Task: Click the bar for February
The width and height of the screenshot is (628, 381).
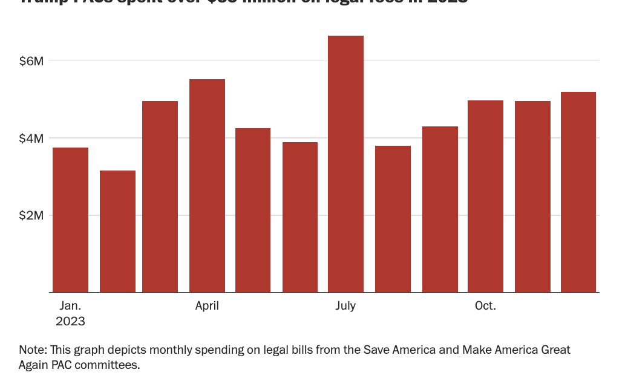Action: tap(117, 232)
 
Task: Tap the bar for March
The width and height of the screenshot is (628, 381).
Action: tap(160, 197)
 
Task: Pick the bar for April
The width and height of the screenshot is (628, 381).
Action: tap(207, 186)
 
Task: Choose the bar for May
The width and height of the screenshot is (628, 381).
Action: tap(253, 210)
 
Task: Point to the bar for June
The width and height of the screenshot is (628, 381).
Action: tap(300, 217)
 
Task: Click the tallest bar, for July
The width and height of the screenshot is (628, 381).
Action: tap(345, 164)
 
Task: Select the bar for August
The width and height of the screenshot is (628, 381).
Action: tap(393, 219)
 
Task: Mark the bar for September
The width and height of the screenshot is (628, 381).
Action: tap(440, 209)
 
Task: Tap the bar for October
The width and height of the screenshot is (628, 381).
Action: tap(485, 197)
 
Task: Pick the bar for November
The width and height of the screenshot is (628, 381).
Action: tap(532, 197)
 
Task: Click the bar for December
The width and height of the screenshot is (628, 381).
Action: tap(578, 192)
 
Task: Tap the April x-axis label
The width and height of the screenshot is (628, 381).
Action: tap(207, 306)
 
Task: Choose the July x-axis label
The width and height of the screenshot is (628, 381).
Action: tap(345, 306)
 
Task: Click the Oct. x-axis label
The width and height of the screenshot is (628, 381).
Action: tap(485, 306)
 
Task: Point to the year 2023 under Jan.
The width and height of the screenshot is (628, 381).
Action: tap(70, 322)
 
